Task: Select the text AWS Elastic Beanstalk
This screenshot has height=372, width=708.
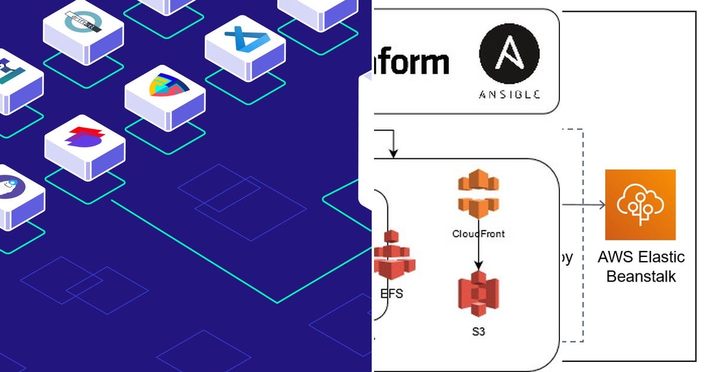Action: [641, 266]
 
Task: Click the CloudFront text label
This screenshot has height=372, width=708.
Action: [478, 233]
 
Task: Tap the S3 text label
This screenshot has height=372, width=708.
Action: [478, 332]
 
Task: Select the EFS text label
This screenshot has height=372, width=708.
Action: [392, 293]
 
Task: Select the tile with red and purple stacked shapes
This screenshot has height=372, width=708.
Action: [85, 139]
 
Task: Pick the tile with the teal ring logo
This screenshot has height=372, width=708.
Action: [83, 24]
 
